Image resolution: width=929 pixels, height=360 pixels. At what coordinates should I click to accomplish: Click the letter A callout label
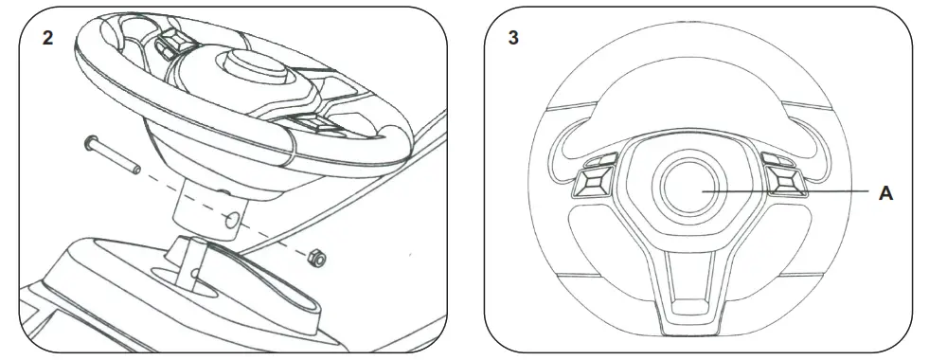[x=885, y=193]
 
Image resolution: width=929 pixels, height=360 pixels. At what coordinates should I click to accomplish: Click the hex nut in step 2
[x=319, y=257]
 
